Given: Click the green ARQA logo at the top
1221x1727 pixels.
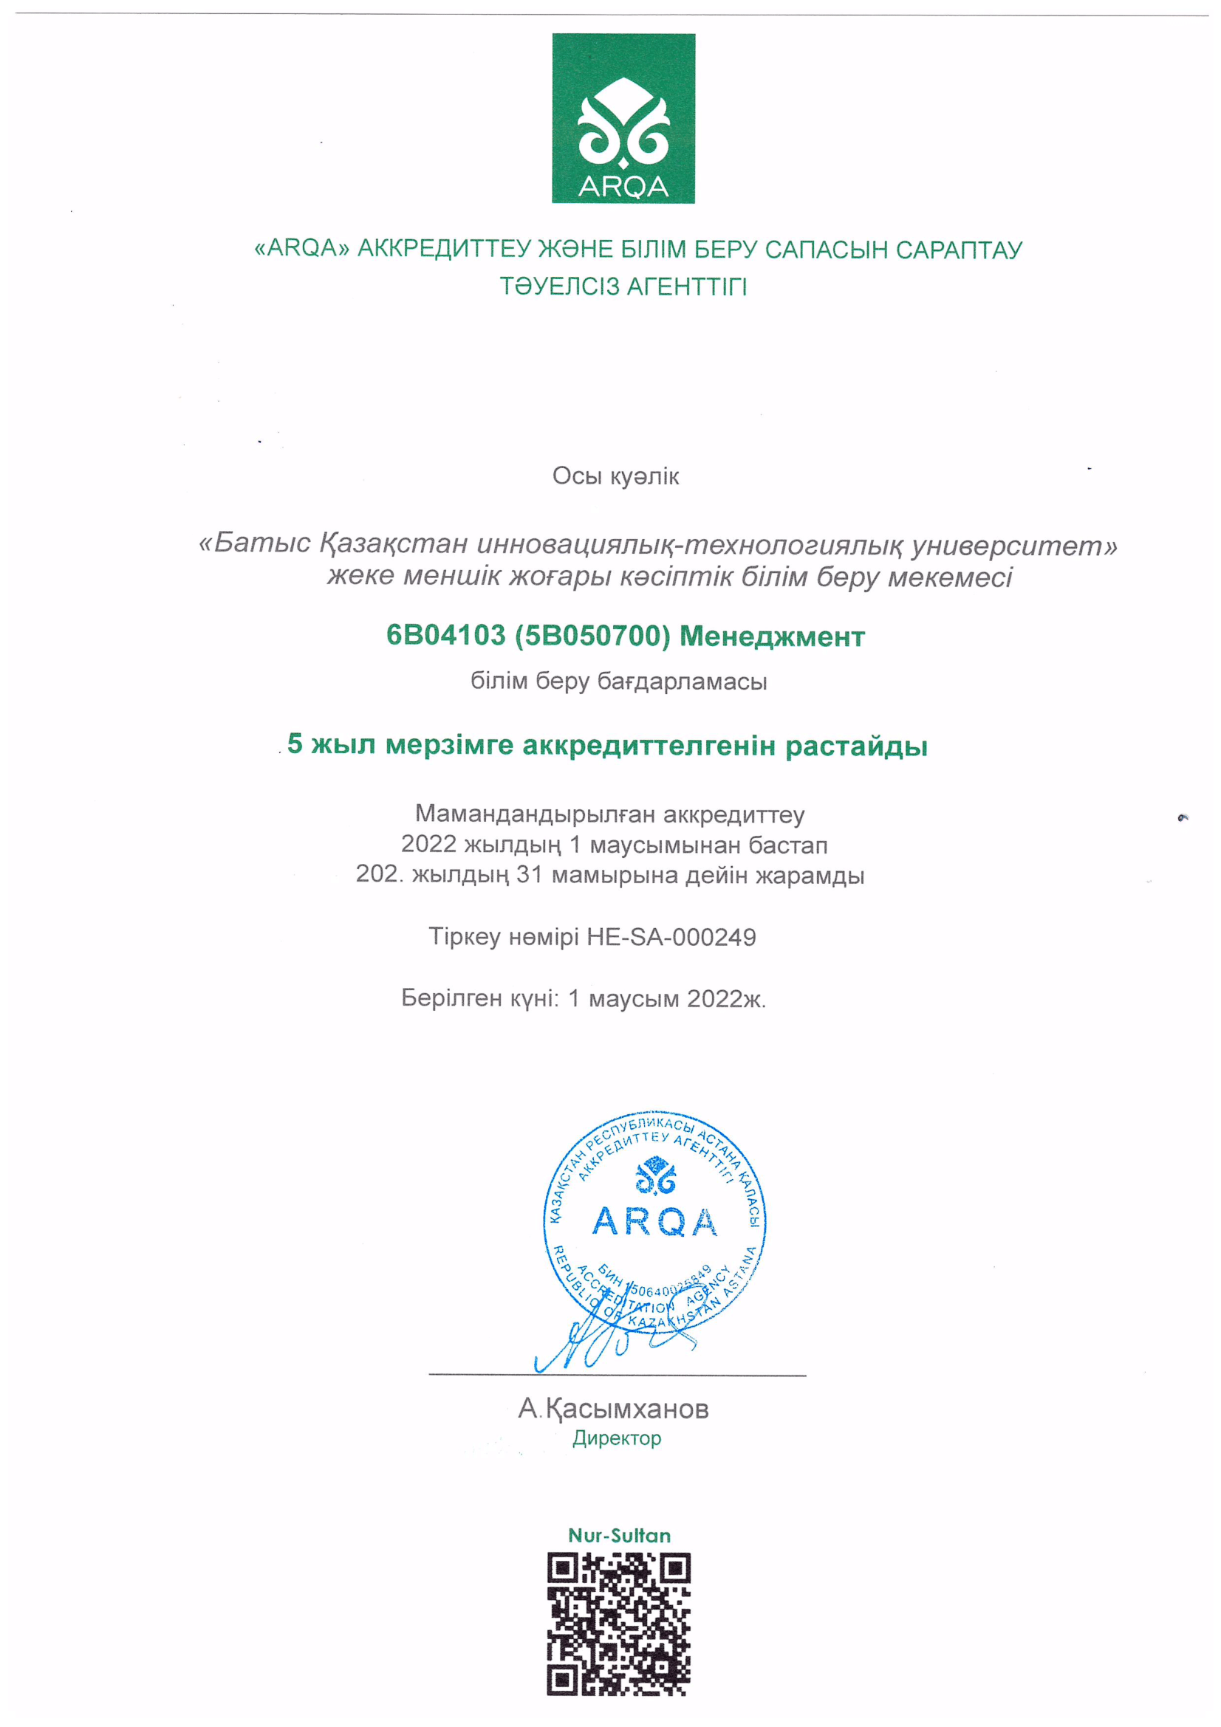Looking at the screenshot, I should (623, 118).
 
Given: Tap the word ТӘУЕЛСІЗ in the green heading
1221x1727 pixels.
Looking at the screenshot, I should (560, 286).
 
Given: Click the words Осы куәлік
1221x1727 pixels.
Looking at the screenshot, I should (615, 476).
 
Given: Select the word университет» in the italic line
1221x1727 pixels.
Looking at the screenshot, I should (1014, 545).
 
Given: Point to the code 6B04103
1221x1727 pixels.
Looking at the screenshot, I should (445, 636).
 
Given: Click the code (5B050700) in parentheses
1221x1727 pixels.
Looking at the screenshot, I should (592, 636).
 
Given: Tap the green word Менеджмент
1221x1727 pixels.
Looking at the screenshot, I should (772, 637).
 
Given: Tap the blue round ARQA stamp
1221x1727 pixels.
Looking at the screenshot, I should (654, 1222).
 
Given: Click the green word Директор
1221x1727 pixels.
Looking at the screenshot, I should (616, 1438).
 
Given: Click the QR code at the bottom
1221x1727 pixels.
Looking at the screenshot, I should (618, 1624).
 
